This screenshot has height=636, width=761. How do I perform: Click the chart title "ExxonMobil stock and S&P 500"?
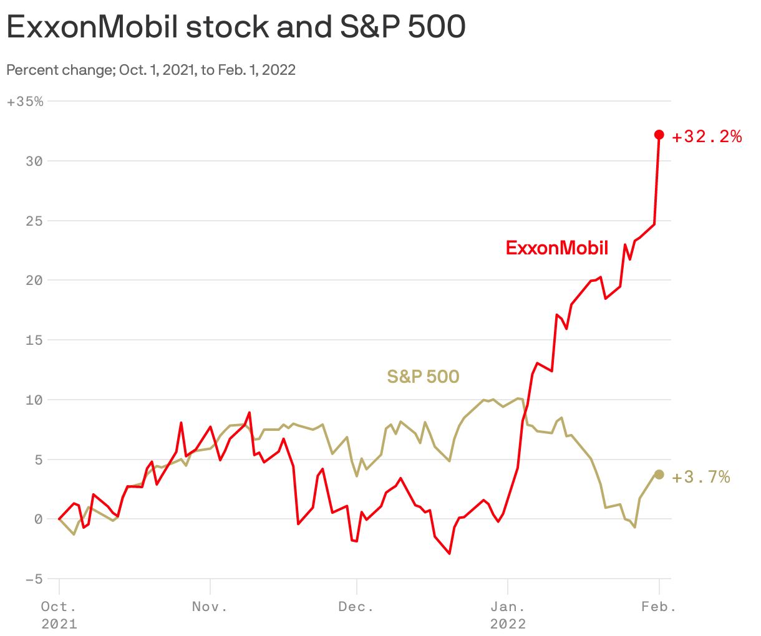236,27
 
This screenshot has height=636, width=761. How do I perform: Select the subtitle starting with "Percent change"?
151,70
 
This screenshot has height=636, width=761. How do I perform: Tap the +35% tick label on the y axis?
25,102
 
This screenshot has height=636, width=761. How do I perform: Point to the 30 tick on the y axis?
34,161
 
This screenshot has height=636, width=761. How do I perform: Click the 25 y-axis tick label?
34,221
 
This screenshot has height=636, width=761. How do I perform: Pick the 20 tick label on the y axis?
34,281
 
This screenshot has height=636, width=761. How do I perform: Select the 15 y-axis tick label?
34,340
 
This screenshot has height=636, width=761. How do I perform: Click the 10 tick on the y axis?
34,400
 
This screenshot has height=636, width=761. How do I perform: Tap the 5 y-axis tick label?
38,460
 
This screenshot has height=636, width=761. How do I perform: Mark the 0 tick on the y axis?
38,519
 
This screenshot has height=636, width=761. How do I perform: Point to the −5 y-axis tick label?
34,579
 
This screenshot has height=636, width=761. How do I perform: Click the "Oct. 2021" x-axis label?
59,614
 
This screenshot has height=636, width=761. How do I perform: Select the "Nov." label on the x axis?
210,607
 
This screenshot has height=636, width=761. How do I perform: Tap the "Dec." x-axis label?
356,607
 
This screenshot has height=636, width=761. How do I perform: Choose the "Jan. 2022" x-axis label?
508,614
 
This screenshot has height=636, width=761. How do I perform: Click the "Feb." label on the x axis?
659,607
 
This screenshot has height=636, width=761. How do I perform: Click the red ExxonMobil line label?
556,248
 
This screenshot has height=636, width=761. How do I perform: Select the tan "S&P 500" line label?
423,377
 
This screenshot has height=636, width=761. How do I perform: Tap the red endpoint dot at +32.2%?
659,135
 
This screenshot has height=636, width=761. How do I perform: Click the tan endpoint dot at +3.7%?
659,475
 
